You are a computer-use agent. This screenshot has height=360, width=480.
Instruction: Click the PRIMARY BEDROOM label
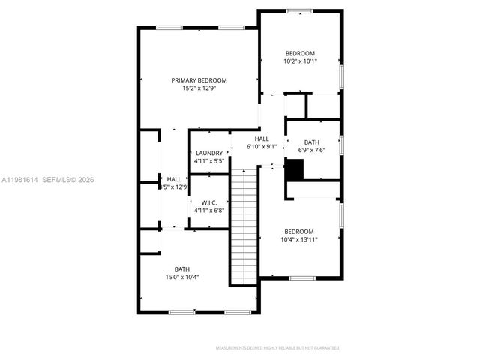point(199,80)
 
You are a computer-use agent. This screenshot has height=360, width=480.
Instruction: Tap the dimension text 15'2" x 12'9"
point(199,88)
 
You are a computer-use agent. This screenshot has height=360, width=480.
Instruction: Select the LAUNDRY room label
point(209,153)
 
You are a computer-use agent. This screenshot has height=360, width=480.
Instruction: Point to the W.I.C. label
point(209,202)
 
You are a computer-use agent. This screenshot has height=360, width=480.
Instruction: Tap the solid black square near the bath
point(295,172)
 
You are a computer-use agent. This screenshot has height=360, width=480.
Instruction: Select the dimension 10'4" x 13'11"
point(299,239)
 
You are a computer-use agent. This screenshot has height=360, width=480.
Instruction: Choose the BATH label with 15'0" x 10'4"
point(182,269)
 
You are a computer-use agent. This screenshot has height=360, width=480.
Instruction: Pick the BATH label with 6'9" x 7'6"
point(312,142)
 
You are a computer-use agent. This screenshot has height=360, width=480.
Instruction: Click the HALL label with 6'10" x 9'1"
point(262,139)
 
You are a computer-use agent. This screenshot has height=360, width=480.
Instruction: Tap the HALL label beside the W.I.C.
point(174,179)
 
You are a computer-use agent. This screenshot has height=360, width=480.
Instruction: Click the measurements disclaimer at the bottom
point(277,348)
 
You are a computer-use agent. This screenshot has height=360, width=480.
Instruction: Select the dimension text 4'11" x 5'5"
point(209,161)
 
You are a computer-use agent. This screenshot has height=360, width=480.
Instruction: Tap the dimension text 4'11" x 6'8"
point(209,211)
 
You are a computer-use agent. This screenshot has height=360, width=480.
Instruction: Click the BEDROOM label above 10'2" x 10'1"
point(300,53)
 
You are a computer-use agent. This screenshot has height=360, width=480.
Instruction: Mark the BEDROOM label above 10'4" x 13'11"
point(299,231)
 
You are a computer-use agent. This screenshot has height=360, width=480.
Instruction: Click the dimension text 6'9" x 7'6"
point(312,150)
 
